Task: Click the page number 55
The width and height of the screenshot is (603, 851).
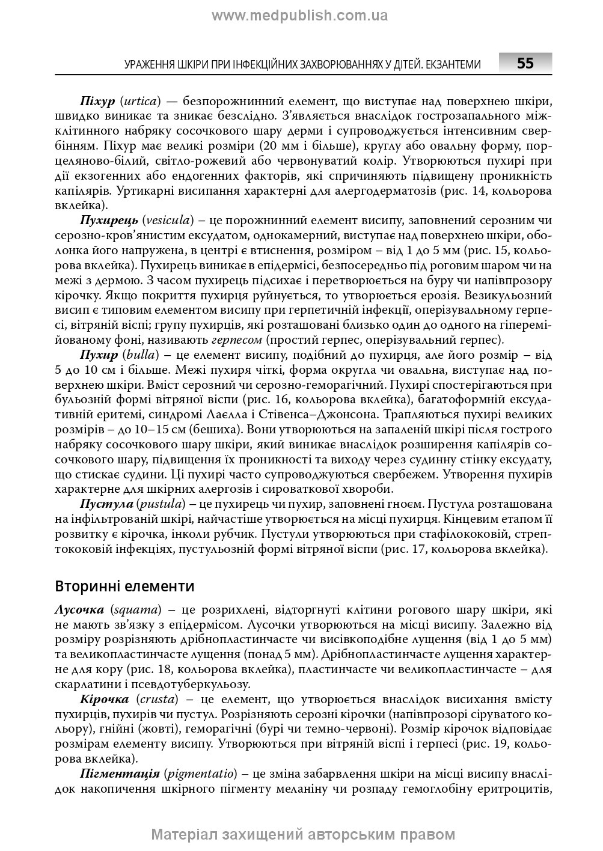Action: click(x=525, y=64)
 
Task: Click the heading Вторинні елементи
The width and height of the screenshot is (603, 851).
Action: click(x=124, y=585)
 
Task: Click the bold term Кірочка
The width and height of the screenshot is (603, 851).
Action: click(x=104, y=699)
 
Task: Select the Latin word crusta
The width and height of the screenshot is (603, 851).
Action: click(x=157, y=699)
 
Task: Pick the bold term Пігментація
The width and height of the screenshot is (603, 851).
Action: click(x=120, y=773)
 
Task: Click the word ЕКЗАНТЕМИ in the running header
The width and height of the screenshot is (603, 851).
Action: click(x=453, y=64)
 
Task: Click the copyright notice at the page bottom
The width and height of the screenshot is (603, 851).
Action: click(x=303, y=835)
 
